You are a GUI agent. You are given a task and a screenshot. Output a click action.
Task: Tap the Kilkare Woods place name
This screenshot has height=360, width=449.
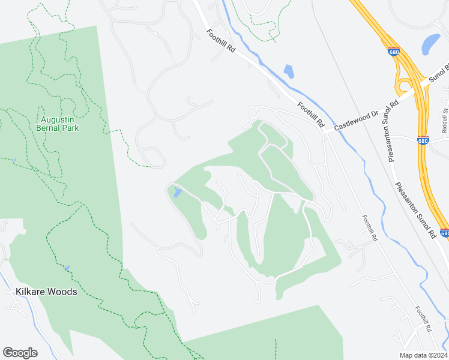tap(46, 292)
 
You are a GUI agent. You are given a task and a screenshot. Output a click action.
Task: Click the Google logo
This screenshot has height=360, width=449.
tap(20, 353)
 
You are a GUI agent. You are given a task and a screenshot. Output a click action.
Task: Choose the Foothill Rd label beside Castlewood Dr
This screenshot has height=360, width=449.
tap(310, 114)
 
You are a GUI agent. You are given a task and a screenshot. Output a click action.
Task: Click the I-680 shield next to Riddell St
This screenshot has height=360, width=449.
tap(423, 141)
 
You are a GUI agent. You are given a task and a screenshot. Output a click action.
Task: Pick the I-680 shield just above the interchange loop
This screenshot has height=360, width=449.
tap(394, 52)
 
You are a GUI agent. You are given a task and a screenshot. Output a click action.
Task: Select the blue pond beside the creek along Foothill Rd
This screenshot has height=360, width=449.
tap(289, 71)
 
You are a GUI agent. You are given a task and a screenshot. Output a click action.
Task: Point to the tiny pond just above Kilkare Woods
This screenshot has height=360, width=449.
tap(68, 268)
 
